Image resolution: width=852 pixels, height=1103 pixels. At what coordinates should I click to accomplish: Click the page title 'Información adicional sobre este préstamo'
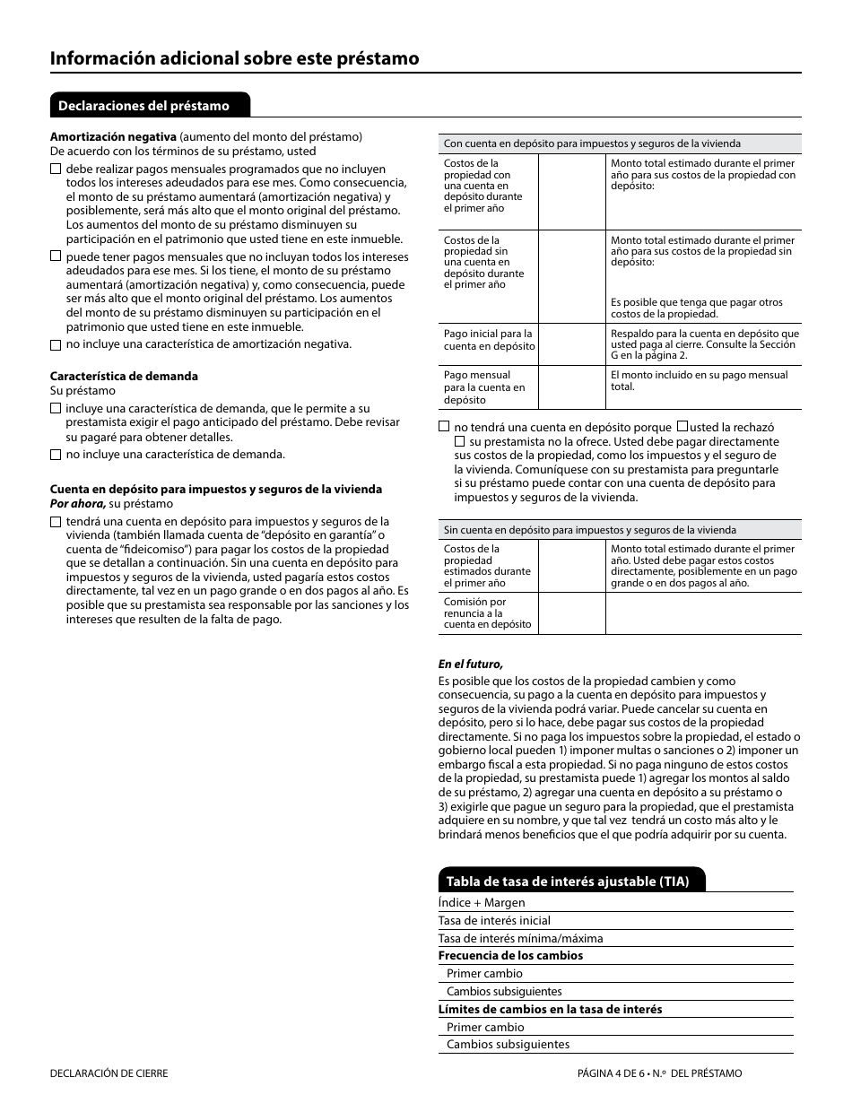234,58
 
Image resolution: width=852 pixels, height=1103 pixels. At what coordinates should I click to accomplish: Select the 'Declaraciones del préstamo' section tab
144,106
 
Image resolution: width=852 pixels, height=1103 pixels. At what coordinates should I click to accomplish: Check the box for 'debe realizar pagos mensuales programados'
56,169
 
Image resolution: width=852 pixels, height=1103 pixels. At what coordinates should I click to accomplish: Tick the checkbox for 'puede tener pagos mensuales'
56,256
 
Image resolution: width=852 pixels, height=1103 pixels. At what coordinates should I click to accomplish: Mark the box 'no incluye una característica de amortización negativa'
56,344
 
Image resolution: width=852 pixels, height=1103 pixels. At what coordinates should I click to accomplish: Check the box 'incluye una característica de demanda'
56,409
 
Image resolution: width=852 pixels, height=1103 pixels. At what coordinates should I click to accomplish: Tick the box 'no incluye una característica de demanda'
56,455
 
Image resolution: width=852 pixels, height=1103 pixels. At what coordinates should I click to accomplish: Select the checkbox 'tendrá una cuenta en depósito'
56,522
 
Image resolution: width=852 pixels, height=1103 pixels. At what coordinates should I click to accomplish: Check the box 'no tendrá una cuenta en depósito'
444,428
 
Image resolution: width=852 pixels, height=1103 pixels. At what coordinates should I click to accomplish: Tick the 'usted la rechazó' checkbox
682,428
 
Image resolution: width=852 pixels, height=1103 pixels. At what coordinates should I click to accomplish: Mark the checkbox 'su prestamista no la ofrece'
460,442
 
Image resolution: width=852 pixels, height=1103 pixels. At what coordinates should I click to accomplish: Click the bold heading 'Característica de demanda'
124,376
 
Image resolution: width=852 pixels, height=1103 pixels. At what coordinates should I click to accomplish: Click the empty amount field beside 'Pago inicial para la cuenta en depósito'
571,343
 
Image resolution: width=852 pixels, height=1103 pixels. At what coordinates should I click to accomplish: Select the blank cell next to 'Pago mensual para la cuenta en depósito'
571,386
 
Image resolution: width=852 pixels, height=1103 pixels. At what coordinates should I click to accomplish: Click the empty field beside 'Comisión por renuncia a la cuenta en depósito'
571,613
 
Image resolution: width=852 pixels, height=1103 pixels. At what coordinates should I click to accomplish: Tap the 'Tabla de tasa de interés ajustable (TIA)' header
568,882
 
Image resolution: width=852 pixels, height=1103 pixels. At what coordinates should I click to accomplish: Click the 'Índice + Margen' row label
482,903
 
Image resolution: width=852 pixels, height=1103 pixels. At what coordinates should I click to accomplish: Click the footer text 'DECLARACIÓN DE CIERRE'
109,1073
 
